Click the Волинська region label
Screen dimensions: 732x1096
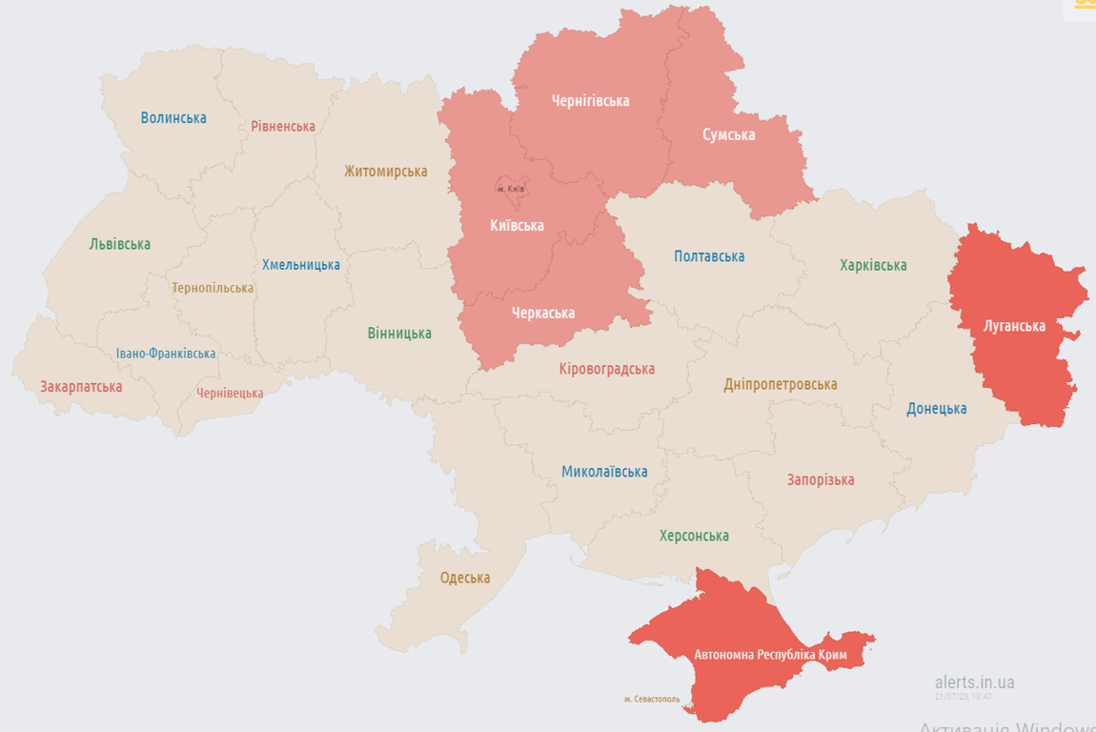point(173,118)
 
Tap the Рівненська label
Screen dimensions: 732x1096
point(283,126)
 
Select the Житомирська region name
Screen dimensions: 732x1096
point(386,172)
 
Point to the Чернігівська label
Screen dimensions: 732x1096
point(591,100)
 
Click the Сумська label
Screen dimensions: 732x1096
point(729,134)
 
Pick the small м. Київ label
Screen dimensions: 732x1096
point(511,189)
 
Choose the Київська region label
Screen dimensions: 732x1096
point(517,226)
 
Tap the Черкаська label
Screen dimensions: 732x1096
point(543,313)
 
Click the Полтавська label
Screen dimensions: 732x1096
point(709,256)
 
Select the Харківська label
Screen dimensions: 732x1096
point(873,265)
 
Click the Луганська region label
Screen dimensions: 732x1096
point(1015,326)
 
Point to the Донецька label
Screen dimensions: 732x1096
point(936,409)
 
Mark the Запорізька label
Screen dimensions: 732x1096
point(821,479)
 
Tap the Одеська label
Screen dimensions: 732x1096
point(465,578)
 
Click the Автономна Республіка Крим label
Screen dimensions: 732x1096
point(770,655)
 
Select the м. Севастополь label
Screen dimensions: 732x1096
point(652,699)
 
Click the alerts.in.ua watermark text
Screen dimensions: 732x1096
point(974,682)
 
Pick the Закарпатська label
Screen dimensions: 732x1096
point(81,387)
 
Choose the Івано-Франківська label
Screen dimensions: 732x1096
point(166,354)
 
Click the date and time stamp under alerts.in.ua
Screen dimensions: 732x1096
point(964,697)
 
